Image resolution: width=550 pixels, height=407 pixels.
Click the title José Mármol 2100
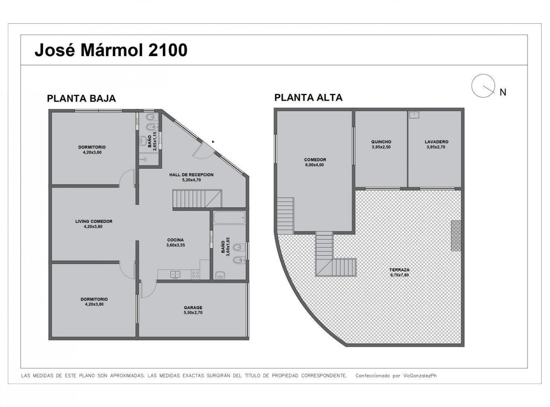tap(111, 50)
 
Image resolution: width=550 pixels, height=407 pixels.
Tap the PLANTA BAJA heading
tap(81, 98)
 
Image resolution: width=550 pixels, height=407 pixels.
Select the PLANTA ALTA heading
tap(308, 98)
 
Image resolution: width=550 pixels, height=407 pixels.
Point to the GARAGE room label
tap(193, 308)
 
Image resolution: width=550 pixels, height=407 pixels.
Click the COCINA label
tap(175, 240)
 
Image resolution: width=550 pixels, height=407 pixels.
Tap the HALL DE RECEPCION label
tap(192, 174)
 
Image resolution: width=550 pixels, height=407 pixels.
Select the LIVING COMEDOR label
tap(94, 221)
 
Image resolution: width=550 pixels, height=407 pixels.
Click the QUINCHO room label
tap(381, 142)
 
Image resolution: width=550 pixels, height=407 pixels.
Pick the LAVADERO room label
tap(436, 142)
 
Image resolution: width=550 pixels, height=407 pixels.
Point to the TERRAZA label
tap(399, 270)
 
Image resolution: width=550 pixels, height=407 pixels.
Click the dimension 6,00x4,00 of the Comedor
tap(314, 165)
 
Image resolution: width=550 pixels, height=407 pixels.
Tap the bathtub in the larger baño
tap(229, 218)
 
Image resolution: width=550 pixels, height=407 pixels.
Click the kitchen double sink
tap(175, 274)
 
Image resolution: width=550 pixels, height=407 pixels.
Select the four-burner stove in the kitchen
tap(195, 274)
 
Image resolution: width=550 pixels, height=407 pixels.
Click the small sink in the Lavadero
tap(414, 115)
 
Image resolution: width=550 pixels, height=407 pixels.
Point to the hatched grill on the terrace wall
tap(456, 236)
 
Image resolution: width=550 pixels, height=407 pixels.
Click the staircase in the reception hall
tap(197, 199)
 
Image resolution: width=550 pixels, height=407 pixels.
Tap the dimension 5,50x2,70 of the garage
tap(193, 313)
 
